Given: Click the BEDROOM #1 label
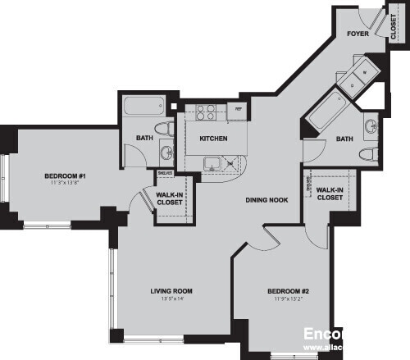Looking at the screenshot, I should [x=65, y=175].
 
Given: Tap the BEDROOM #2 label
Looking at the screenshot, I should [x=287, y=291].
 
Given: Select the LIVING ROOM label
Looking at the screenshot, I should [x=171, y=291].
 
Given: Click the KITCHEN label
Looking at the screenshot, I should [x=213, y=138].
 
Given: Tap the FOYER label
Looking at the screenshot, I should [x=356, y=34].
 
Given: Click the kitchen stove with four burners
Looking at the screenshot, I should [x=205, y=112].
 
